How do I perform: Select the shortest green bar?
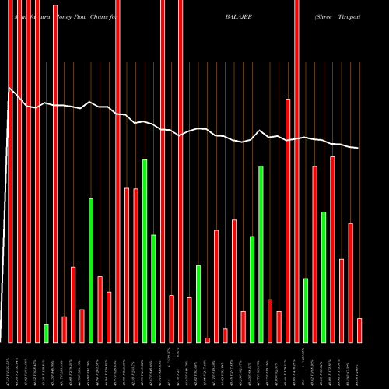[46, 333]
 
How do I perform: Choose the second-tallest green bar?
[261, 254]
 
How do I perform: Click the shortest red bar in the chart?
[207, 340]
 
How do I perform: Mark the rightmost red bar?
[359, 330]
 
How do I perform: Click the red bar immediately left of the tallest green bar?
[135, 265]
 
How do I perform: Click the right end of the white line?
[359, 148]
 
